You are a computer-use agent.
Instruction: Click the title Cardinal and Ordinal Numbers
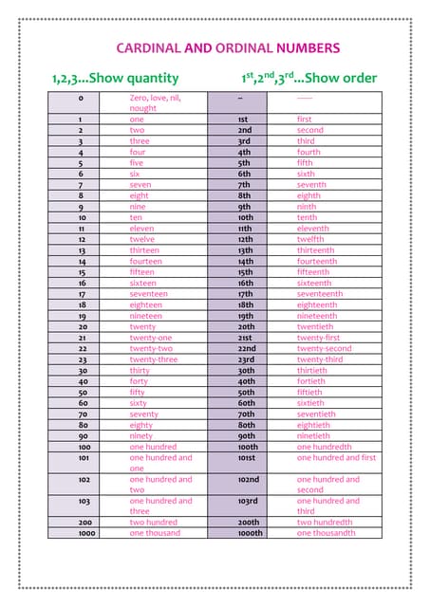click(227, 47)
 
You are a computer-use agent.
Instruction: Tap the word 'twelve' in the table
click(142, 240)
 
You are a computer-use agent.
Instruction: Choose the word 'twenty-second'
click(324, 349)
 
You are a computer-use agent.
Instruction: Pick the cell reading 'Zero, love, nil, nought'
click(154, 102)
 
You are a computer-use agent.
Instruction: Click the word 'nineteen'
click(147, 316)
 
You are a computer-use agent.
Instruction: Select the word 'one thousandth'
click(326, 533)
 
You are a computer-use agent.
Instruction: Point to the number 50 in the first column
click(83, 393)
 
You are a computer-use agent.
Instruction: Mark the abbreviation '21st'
click(245, 338)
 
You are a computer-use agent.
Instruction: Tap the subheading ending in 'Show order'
click(308, 78)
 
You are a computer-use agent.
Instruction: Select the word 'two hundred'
click(153, 523)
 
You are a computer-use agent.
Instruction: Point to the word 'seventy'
click(144, 414)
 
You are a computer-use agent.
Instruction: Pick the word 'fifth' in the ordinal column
click(306, 163)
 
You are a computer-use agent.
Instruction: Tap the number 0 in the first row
click(82, 98)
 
